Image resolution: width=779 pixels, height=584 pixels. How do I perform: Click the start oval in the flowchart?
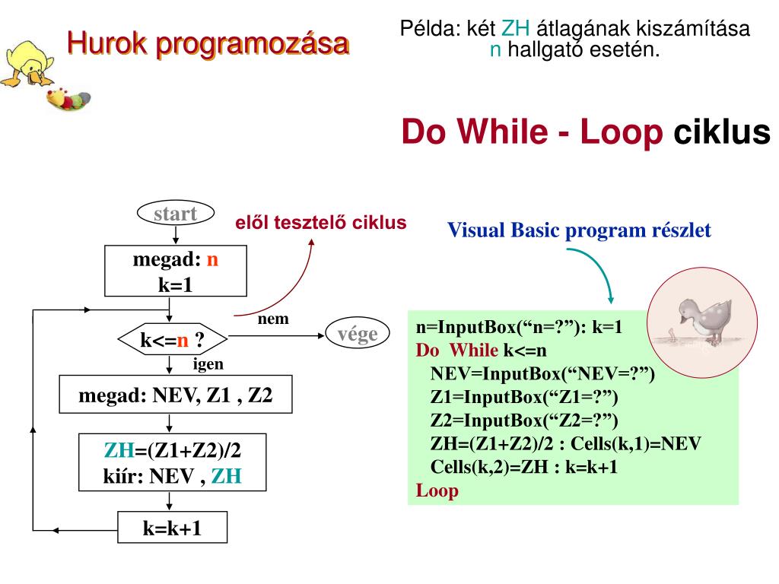pyautogui.click(x=175, y=214)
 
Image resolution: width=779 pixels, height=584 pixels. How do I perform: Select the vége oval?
pyautogui.click(x=357, y=335)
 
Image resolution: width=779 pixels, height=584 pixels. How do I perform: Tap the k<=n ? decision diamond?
pyautogui.click(x=173, y=340)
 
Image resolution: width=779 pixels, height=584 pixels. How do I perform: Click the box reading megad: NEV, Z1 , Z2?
pyautogui.click(x=175, y=395)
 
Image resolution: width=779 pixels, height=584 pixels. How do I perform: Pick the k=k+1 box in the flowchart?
pyautogui.click(x=173, y=527)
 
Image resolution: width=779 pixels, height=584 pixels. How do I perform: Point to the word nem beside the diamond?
pyautogui.click(x=273, y=319)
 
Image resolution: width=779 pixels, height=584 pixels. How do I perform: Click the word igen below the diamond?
pyautogui.click(x=208, y=363)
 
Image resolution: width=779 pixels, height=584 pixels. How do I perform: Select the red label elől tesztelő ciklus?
pyautogui.click(x=320, y=222)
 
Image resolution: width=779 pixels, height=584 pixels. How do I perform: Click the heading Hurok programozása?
pyautogui.click(x=208, y=43)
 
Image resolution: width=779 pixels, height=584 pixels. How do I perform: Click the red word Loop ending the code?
pyautogui.click(x=437, y=490)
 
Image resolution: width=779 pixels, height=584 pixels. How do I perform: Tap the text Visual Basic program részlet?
pyautogui.click(x=579, y=230)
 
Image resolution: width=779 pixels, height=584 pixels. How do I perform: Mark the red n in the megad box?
pyautogui.click(x=212, y=259)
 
